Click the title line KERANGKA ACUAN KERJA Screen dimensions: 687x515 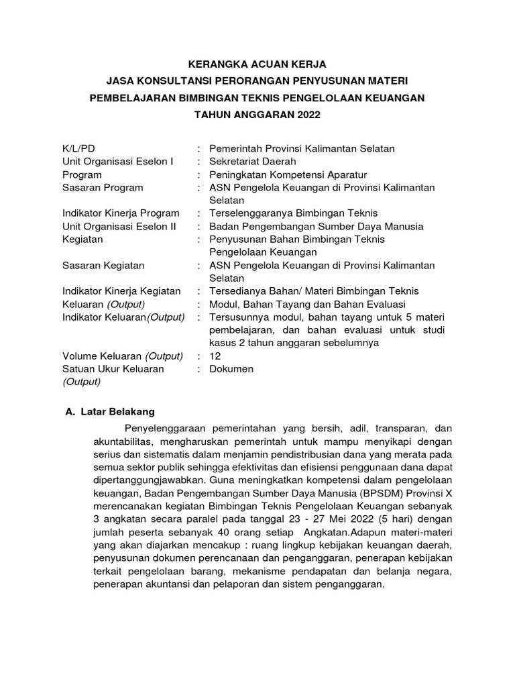pyautogui.click(x=257, y=64)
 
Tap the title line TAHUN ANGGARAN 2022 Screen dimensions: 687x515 pyautogui.click(x=257, y=115)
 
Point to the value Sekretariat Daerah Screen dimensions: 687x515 pyautogui.click(x=252, y=161)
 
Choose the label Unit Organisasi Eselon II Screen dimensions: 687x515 pyautogui.click(x=119, y=226)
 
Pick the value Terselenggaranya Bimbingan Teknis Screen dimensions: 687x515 pyautogui.click(x=294, y=213)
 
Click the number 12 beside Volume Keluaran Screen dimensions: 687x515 pyautogui.click(x=215, y=356)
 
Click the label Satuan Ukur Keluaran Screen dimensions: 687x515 pyautogui.click(x=113, y=369)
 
